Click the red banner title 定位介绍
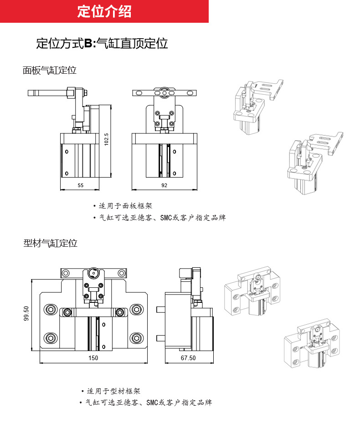point(104,11)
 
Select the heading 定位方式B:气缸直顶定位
point(102,44)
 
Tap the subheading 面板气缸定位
point(50,70)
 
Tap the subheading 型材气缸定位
point(50,243)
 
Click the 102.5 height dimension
point(106,139)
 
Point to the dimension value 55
point(80,185)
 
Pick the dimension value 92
point(165,185)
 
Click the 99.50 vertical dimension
point(26,314)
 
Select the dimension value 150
point(93,358)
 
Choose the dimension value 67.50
point(188,358)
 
